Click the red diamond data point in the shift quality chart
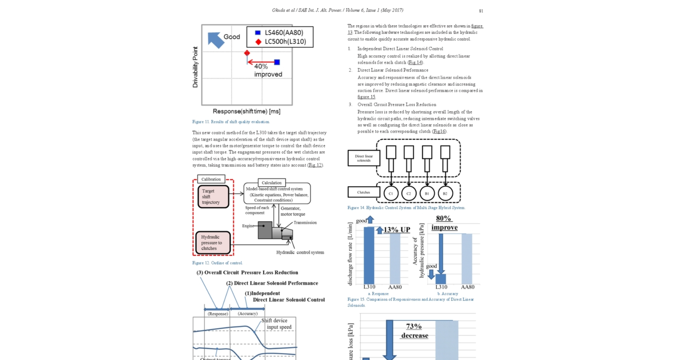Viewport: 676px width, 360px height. (x=247, y=53)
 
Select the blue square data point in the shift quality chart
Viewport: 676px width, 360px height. (x=277, y=62)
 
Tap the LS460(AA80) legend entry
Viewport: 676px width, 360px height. (x=280, y=33)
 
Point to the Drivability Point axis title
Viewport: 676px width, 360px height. (x=195, y=67)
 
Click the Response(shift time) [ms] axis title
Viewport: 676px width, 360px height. (x=246, y=111)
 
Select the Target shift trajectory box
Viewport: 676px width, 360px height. (x=213, y=197)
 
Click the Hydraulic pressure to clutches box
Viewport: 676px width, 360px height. (x=213, y=242)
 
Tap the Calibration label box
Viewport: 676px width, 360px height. (x=211, y=179)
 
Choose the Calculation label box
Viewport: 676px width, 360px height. (x=271, y=183)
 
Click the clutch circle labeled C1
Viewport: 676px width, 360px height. (x=390, y=194)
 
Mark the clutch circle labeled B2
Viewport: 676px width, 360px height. (x=445, y=194)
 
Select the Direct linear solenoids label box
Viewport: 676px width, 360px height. (x=364, y=158)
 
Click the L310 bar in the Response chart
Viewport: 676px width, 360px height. (x=369, y=255)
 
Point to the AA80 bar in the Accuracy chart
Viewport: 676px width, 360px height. (x=467, y=259)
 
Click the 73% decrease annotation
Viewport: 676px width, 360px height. (x=414, y=331)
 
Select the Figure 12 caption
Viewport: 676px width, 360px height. (x=217, y=263)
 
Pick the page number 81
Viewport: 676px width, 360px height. (x=481, y=11)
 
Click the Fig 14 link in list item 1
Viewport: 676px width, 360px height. (x=415, y=63)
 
